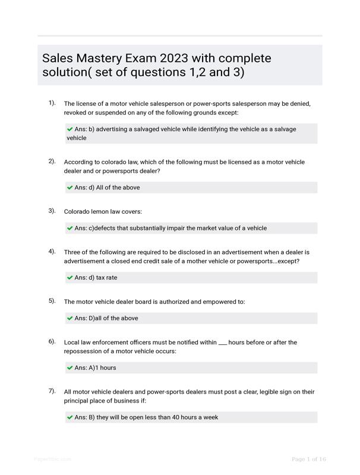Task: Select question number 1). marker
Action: pyautogui.click(x=52, y=103)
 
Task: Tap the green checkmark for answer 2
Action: pyautogui.click(x=70, y=188)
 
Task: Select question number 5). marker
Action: pyautogui.click(x=52, y=301)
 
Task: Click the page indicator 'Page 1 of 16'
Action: pyautogui.click(x=309, y=459)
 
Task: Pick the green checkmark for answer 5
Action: pyautogui.click(x=70, y=318)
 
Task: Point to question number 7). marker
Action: pyautogui.click(x=52, y=391)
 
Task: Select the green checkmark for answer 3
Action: pyautogui.click(x=70, y=228)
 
